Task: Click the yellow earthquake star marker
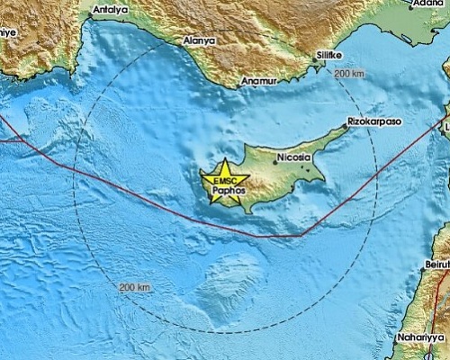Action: coord(221,181)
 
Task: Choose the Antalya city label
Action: coord(109,8)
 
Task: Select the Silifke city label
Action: coord(328,55)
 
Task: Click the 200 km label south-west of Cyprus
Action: coord(132,286)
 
